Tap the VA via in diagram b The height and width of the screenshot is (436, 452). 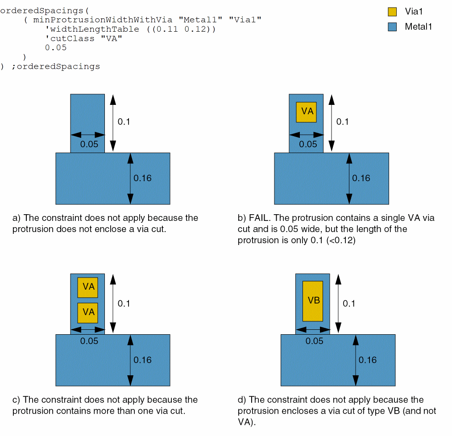pyautogui.click(x=307, y=112)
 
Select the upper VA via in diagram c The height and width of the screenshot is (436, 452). pyautogui.click(x=87, y=287)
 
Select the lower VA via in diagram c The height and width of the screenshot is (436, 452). pyautogui.click(x=87, y=312)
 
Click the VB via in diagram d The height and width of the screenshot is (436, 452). pyautogui.click(x=312, y=301)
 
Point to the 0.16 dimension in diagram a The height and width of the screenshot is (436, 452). pyautogui.click(x=143, y=178)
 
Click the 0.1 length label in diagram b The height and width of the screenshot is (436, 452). pyautogui.click(x=342, y=121)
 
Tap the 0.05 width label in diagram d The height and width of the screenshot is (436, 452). pyautogui.click(x=315, y=341)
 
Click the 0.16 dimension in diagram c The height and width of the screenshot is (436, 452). pyautogui.click(x=143, y=360)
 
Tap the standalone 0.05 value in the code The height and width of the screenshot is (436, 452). pyautogui.click(x=55, y=48)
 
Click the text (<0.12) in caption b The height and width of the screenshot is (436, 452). pyautogui.click(x=341, y=241)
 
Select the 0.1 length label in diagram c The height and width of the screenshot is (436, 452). pyautogui.click(x=124, y=303)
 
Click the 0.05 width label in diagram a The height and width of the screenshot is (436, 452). pyautogui.click(x=89, y=144)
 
